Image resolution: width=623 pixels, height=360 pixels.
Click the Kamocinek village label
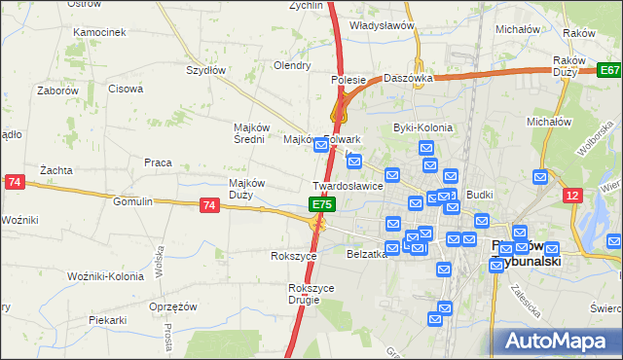pyautogui.click(x=100, y=32)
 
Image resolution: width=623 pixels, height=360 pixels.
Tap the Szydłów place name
pyautogui.click(x=206, y=70)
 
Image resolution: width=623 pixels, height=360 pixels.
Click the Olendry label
pyautogui.click(x=292, y=66)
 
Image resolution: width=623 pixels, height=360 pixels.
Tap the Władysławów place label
pyautogui.click(x=378, y=27)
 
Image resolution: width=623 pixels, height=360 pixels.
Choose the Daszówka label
pyautogui.click(x=408, y=77)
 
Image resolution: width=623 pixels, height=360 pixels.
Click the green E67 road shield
pyautogui.click(x=609, y=71)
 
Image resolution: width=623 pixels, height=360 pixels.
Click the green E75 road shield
pyautogui.click(x=323, y=205)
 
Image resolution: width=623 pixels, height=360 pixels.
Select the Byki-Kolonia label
pyautogui.click(x=417, y=127)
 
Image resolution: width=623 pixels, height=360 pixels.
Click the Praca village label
pyautogui.click(x=158, y=162)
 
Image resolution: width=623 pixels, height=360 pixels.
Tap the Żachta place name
pyautogui.click(x=56, y=170)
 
